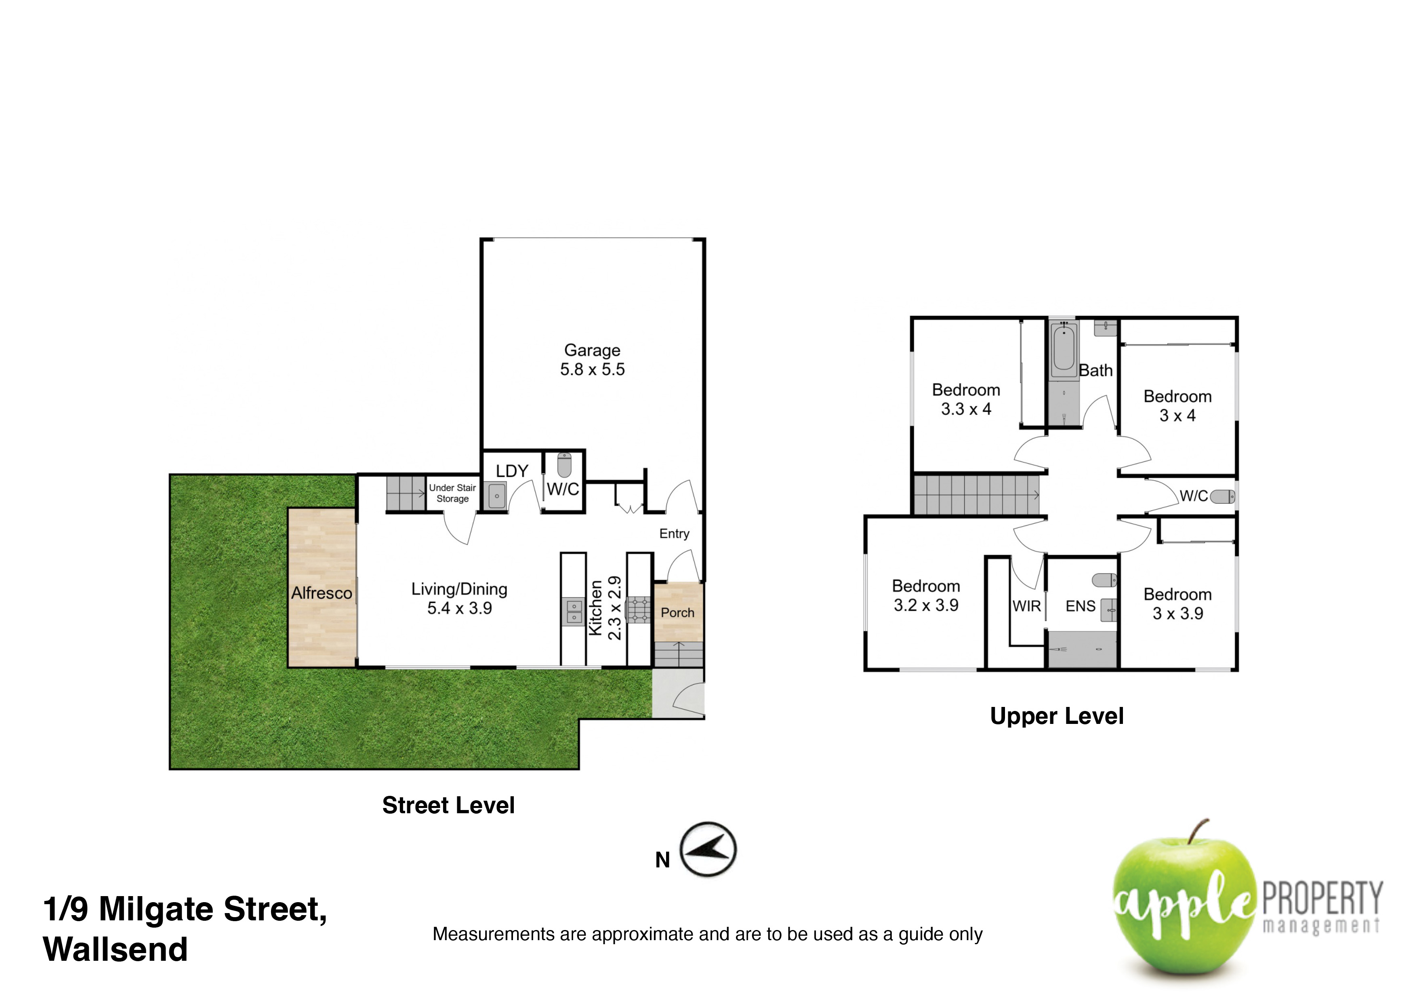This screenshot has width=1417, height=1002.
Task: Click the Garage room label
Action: pos(593,359)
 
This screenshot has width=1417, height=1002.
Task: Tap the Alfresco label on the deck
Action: pos(322,593)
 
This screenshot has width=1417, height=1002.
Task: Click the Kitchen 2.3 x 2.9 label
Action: pos(605,608)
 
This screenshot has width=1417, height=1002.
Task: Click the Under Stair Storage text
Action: pos(452,493)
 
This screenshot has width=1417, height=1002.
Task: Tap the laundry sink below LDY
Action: pos(497,496)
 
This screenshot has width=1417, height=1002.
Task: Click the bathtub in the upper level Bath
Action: pos(1064,347)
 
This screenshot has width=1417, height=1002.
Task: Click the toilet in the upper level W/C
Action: pos(1223,496)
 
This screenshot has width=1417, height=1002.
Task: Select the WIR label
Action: pos(1027,606)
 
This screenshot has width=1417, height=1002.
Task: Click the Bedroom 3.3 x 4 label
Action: pos(966,399)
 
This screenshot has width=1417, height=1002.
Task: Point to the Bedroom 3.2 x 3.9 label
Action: pos(926,596)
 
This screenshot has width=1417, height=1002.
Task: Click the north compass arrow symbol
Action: pos(708,850)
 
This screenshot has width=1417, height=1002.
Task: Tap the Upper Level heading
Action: pos(1057,716)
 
